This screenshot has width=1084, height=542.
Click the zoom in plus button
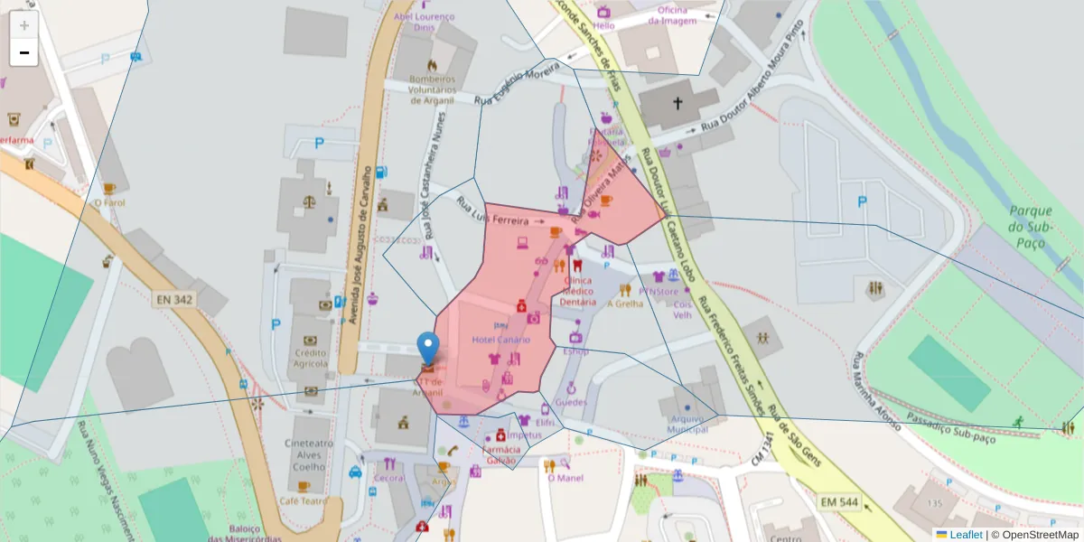[24, 25]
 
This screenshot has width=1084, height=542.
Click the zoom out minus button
[24, 52]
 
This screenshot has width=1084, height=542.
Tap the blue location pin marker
[428, 350]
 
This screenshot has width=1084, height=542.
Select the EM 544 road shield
[838, 500]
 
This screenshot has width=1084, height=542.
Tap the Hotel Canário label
[501, 340]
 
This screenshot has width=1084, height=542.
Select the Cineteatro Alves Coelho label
[310, 454]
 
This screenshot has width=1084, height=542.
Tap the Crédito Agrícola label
[311, 358]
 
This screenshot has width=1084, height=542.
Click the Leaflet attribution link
[966, 535]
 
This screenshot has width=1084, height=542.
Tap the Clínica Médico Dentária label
[578, 291]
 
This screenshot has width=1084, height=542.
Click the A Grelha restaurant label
[625, 304]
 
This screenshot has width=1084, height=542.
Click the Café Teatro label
[302, 500]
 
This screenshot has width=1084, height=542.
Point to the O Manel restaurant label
[565, 478]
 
